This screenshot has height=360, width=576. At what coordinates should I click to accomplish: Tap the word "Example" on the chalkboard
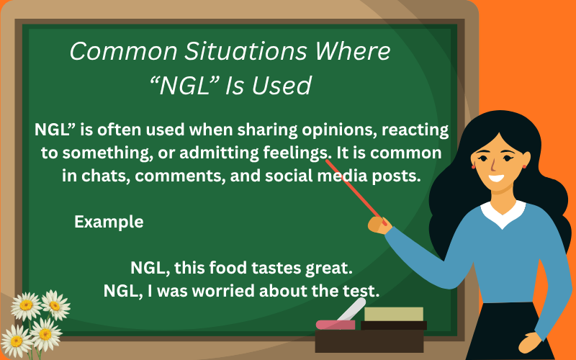click(x=109, y=222)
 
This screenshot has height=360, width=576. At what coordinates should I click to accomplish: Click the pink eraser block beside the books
click(x=336, y=325)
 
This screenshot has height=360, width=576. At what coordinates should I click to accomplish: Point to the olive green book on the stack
click(x=394, y=314)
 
